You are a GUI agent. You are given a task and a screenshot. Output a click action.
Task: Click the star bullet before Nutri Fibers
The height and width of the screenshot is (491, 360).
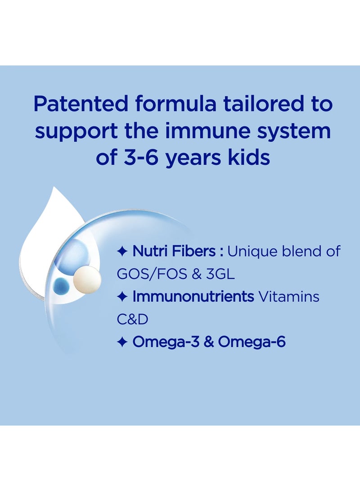coord(123,252)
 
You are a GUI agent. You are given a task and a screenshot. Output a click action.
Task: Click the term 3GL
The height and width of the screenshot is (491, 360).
coord(220,274)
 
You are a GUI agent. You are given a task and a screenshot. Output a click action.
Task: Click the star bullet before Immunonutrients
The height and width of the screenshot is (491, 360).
coord(123,297)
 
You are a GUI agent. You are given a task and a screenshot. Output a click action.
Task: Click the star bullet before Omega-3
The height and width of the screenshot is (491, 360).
coord(123,342)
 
